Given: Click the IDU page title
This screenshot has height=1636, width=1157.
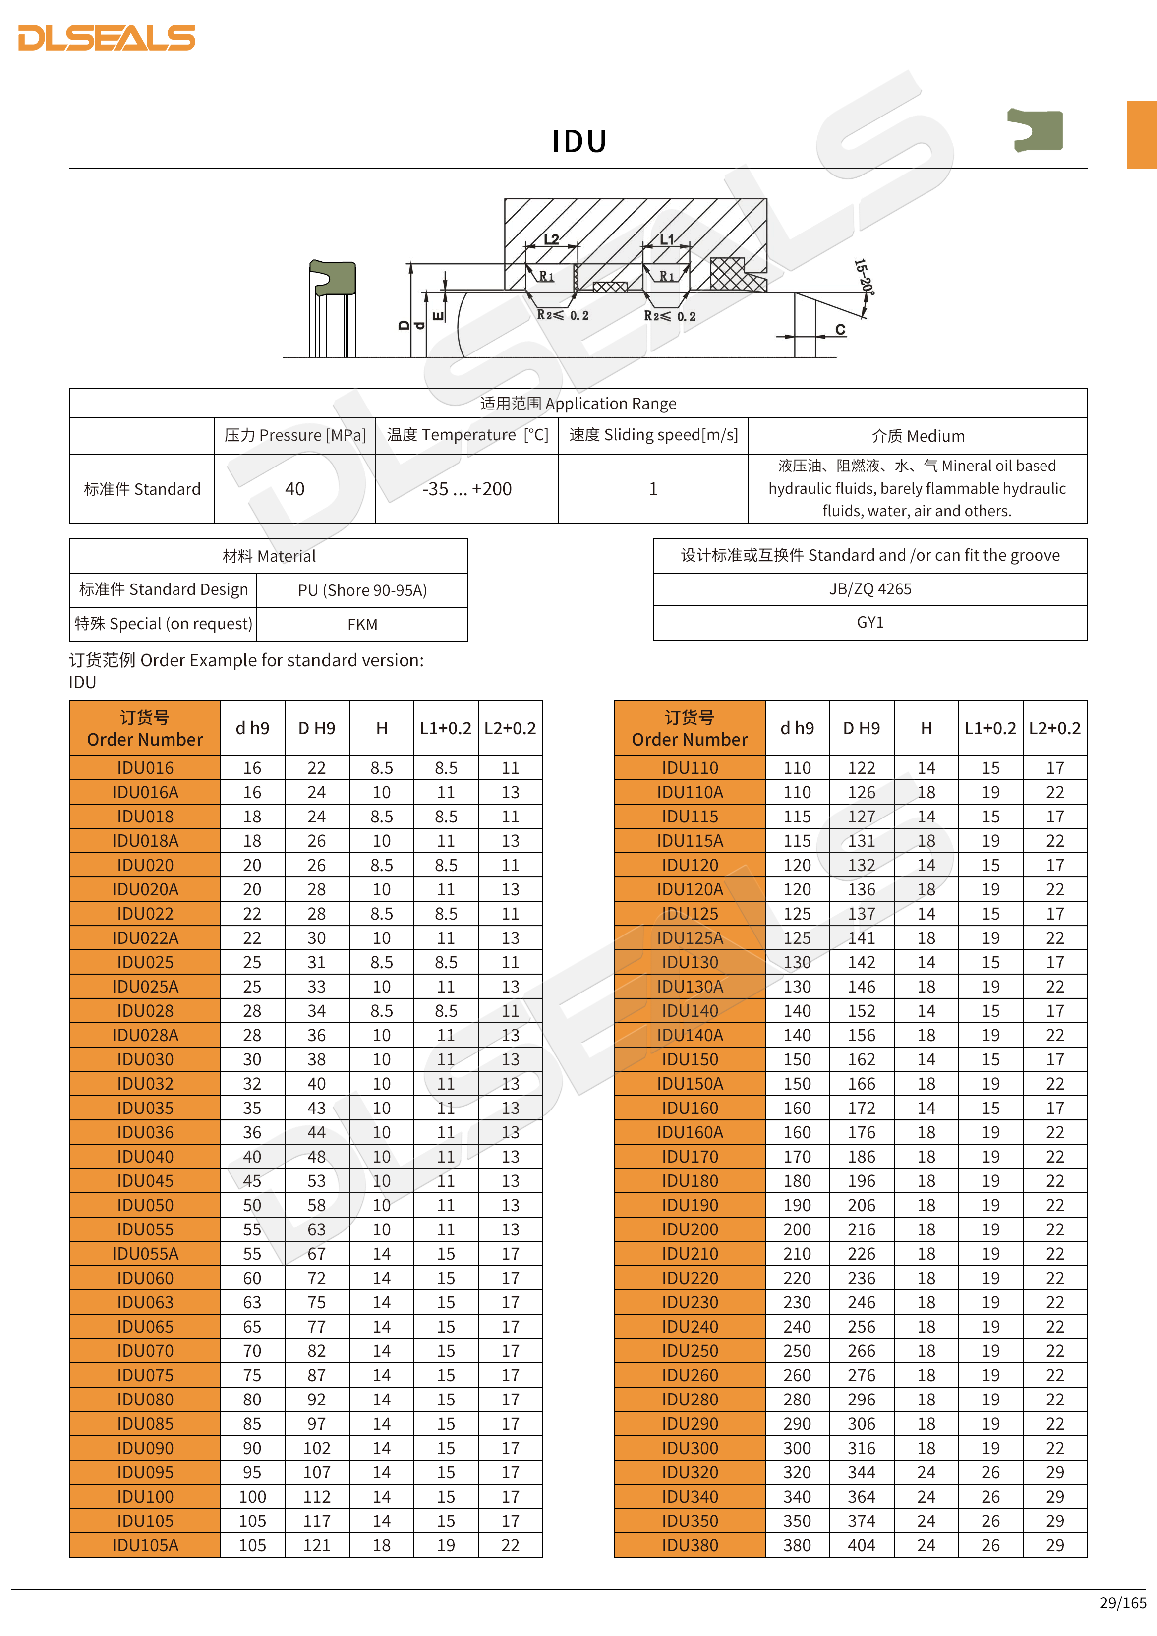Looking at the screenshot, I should (579, 141).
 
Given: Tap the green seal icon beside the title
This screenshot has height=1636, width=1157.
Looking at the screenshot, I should (1037, 130).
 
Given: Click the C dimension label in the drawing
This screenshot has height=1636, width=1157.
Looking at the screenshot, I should (841, 329).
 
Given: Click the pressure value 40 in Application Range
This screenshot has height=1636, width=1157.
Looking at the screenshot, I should (294, 489).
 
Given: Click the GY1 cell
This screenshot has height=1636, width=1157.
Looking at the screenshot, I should (870, 622).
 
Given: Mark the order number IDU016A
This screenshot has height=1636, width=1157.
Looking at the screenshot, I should (145, 792).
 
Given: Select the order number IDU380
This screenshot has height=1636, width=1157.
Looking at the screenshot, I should (690, 1545).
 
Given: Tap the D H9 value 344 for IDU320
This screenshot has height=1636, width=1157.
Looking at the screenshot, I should (862, 1472).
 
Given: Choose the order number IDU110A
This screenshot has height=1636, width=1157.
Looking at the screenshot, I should (690, 792).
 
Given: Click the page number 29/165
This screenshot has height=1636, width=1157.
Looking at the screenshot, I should (1123, 1602).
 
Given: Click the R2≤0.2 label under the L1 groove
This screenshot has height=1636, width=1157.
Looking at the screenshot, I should (670, 316).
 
